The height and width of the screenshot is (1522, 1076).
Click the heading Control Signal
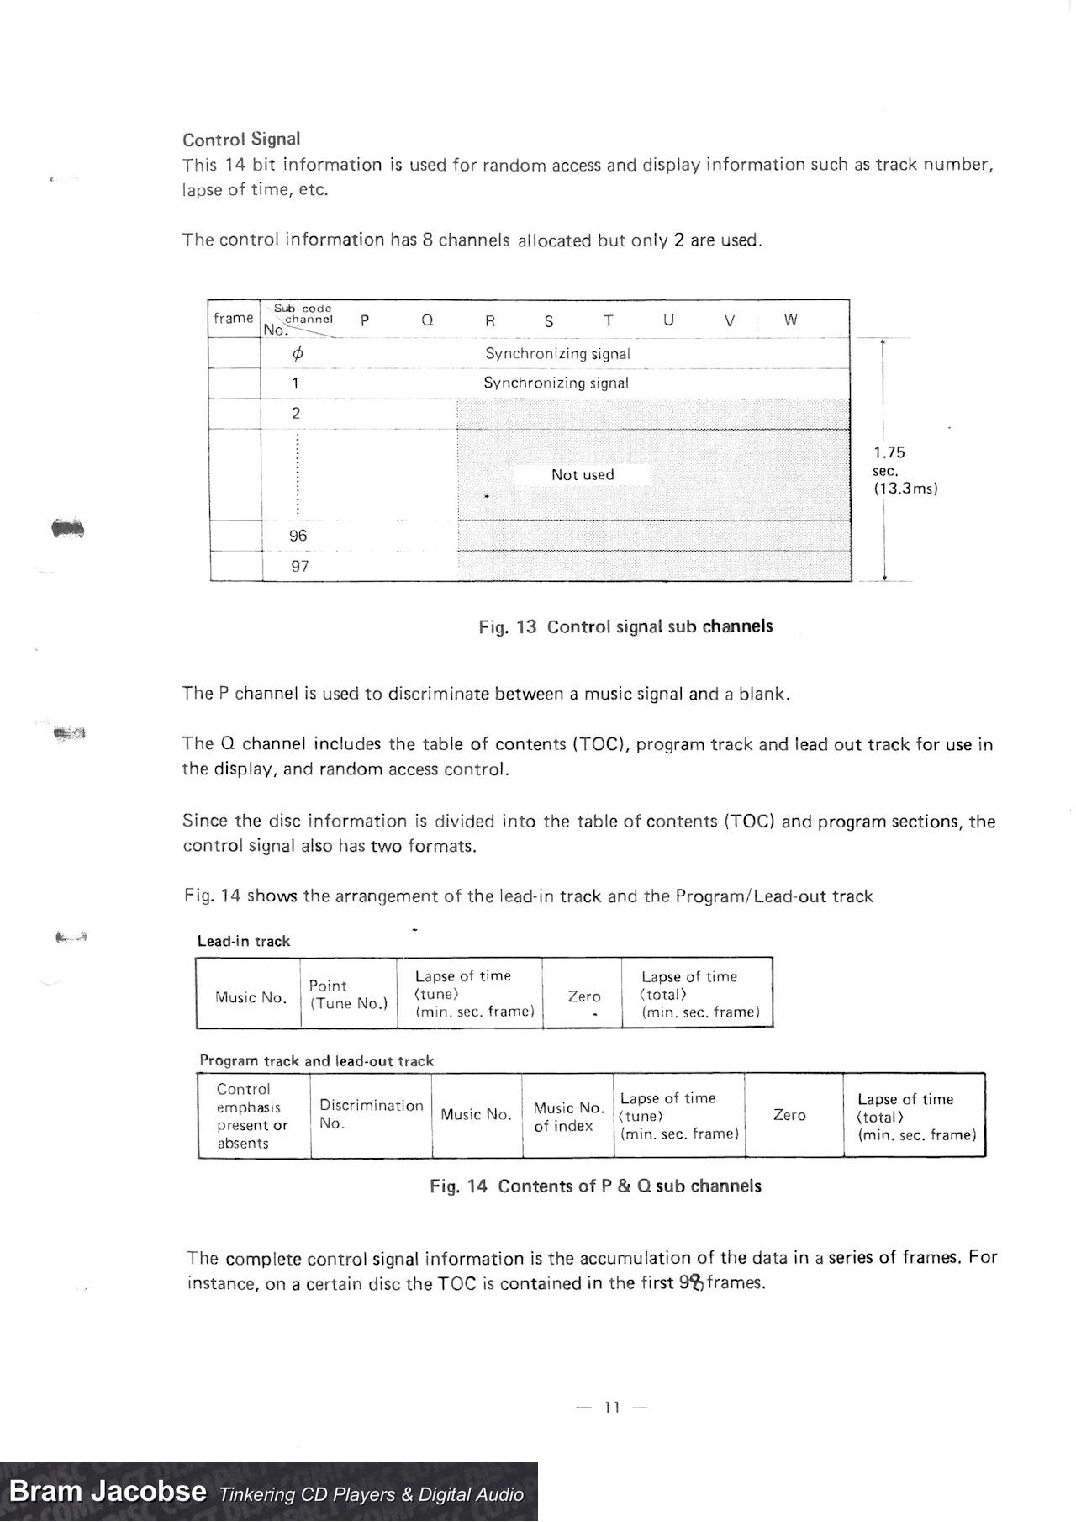241,140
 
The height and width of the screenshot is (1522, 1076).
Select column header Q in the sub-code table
427,320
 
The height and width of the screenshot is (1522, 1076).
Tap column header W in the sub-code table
790,320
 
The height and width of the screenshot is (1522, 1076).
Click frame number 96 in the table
298,536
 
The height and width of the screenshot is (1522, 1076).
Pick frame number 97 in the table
299,566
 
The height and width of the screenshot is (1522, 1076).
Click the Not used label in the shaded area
583,475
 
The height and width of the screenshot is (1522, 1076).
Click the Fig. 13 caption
625,626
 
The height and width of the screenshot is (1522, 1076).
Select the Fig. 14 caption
595,1186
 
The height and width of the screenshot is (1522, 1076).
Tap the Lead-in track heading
244,942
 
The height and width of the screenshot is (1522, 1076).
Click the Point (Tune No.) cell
349,995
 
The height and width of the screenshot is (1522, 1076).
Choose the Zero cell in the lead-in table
584,996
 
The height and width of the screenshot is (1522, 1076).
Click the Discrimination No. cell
371,1114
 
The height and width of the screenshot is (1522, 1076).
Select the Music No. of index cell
568,1117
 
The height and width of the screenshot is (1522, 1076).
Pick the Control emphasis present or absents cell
252,1116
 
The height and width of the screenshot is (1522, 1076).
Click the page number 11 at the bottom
612,1408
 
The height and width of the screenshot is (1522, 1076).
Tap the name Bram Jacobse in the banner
108,1492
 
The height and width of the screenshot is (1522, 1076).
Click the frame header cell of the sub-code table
233,319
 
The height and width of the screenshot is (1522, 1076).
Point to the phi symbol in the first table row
297,354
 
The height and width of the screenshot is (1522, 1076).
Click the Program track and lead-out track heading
317,1061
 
